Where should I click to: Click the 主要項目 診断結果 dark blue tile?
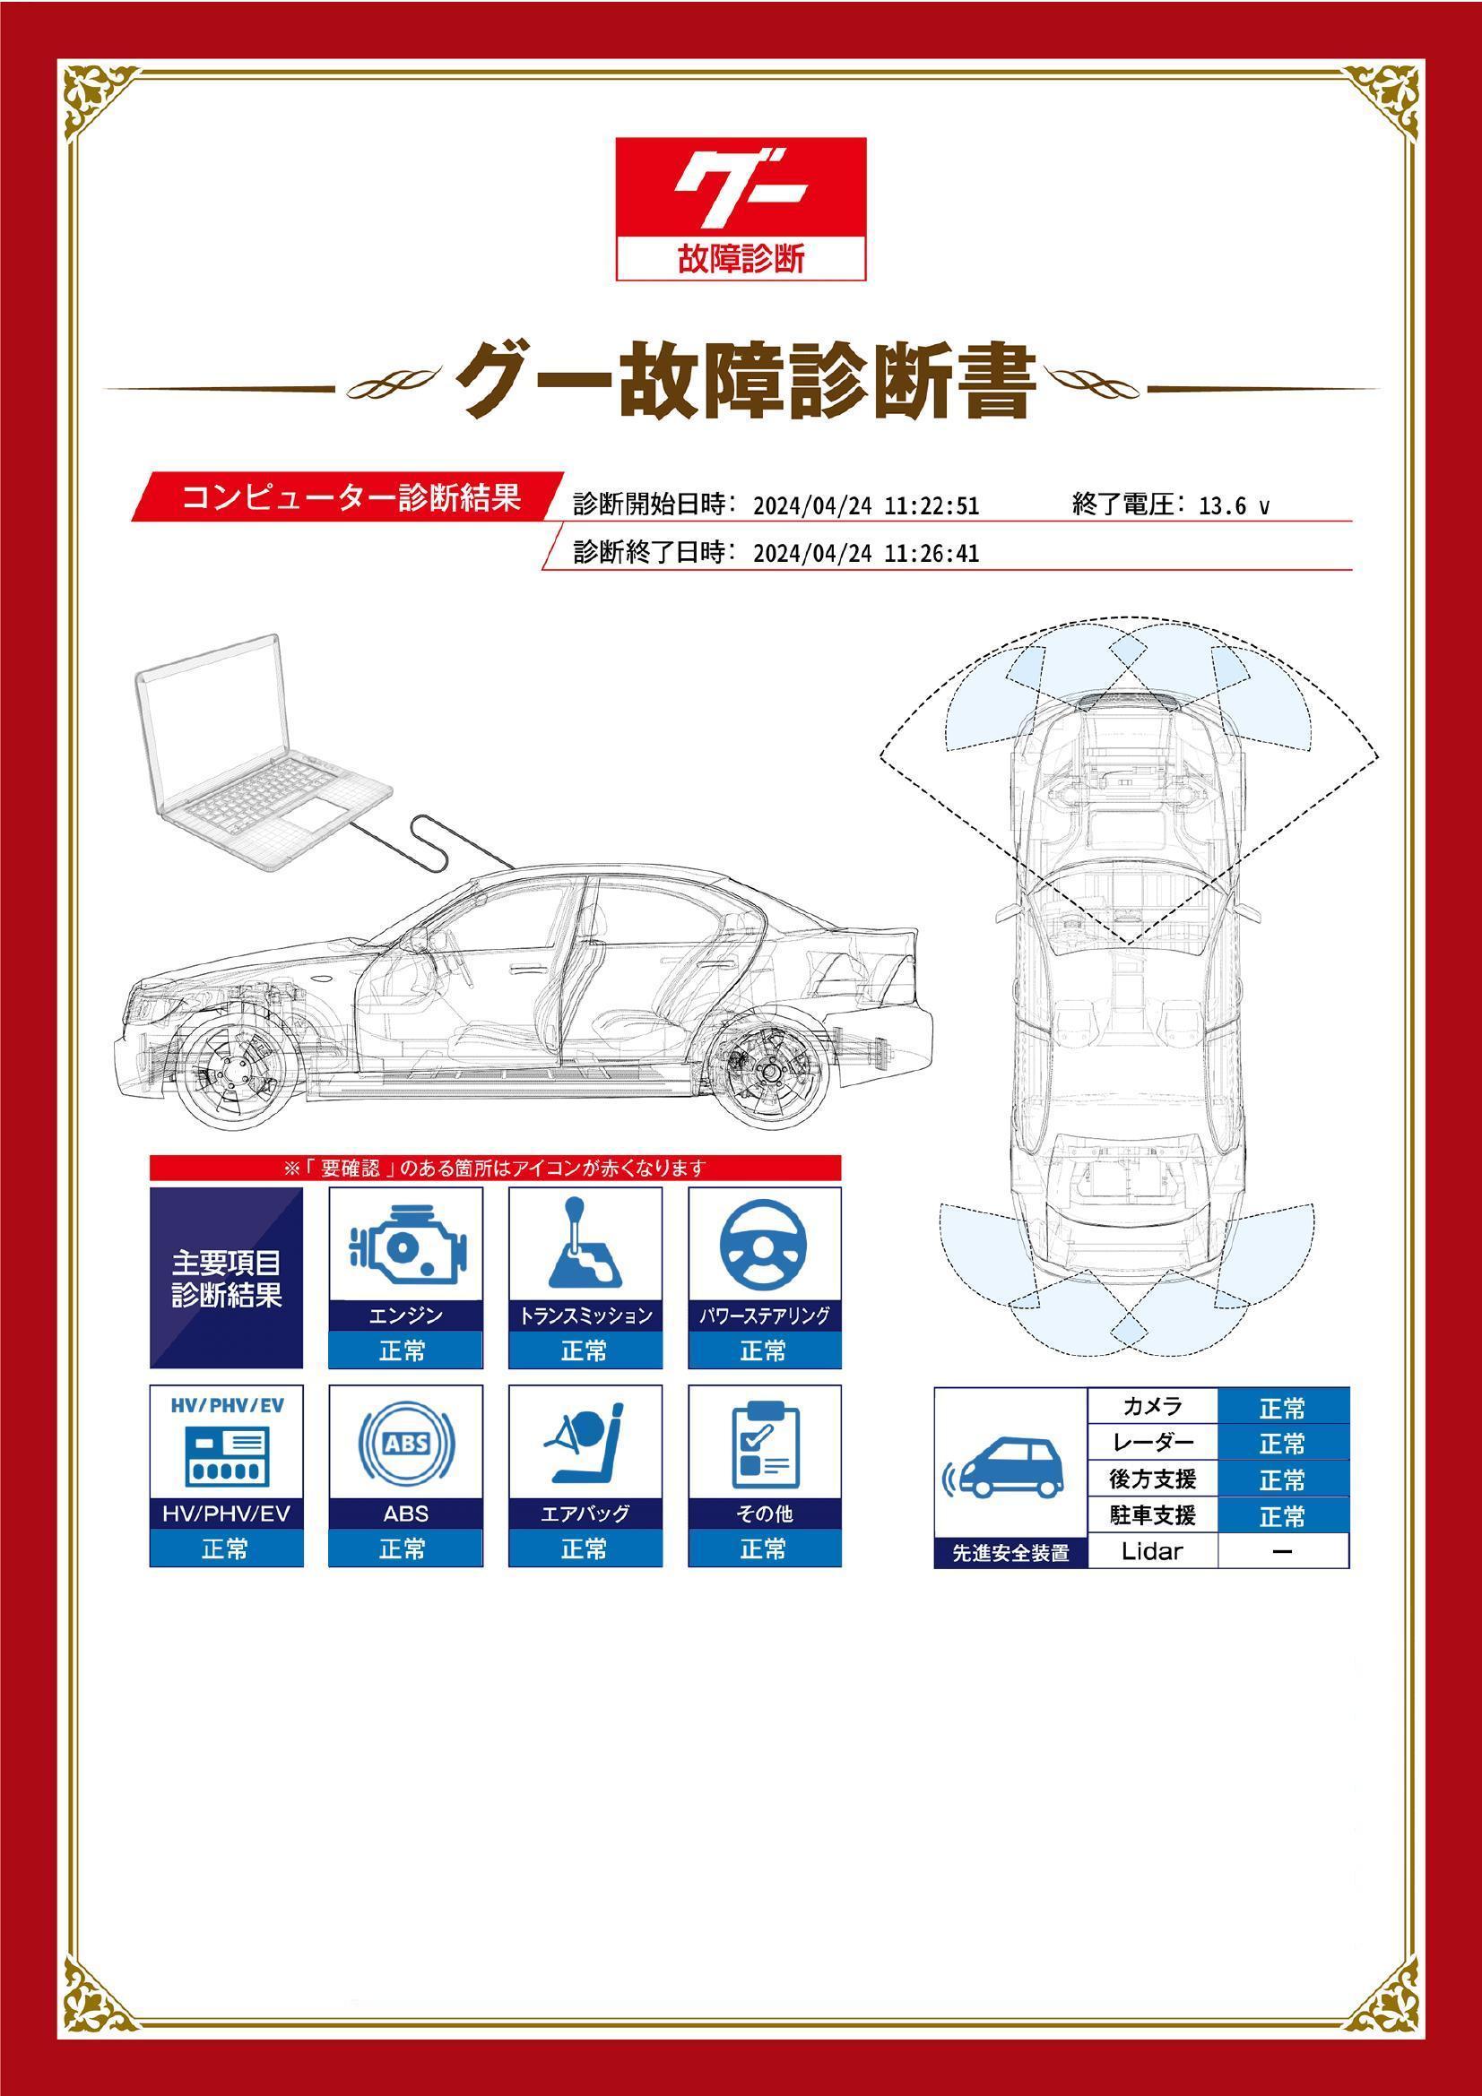[226, 1278]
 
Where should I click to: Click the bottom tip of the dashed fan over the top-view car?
[1129, 944]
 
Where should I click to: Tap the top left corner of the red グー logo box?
[616, 139]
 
